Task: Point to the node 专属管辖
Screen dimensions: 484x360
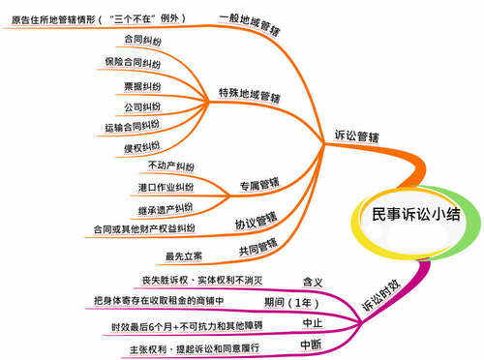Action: click(x=258, y=183)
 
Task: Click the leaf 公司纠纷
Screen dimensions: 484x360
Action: click(x=141, y=105)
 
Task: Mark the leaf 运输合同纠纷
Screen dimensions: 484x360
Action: click(x=132, y=127)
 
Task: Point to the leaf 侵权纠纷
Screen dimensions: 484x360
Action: click(x=141, y=148)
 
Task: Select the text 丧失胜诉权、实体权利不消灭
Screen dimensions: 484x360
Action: click(x=203, y=280)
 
